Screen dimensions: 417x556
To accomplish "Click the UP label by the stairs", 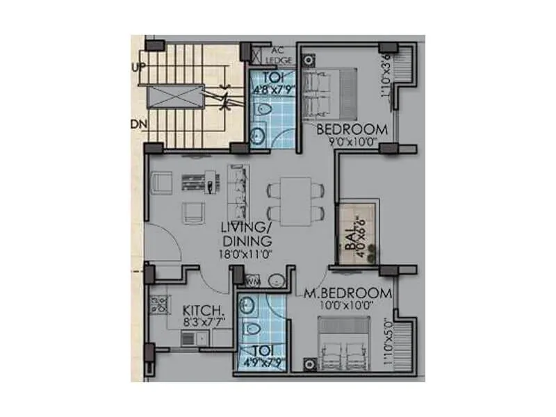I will click(x=136, y=67).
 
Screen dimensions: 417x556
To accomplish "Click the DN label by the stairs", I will click(x=137, y=124).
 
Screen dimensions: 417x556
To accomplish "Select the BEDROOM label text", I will click(x=352, y=129).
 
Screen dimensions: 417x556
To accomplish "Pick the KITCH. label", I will click(x=202, y=311).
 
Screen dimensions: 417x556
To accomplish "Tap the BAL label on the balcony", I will click(x=350, y=243).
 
